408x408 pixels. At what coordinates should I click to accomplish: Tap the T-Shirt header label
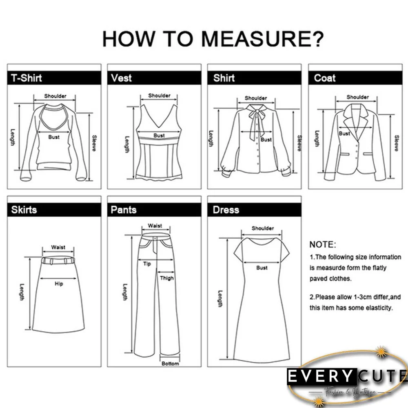27,78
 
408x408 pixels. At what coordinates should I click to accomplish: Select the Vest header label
121,78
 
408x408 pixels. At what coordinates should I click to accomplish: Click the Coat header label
325,78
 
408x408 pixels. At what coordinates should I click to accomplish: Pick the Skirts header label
24,210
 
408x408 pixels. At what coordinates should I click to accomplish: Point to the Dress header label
226,210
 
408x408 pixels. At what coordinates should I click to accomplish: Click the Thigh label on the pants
167,278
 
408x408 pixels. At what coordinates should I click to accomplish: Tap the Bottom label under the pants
170,364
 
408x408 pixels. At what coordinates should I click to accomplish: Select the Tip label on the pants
147,264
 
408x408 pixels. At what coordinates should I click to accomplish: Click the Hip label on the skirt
59,283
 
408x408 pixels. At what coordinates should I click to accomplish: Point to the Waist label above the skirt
58,247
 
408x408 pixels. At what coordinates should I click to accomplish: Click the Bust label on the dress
262,268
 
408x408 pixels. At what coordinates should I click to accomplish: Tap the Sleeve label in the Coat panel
396,143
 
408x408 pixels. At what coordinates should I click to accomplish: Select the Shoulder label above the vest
159,95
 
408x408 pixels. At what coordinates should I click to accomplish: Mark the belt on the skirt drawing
58,259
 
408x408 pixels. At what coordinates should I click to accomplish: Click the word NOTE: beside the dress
322,245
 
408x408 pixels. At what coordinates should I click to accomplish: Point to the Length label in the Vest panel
127,144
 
